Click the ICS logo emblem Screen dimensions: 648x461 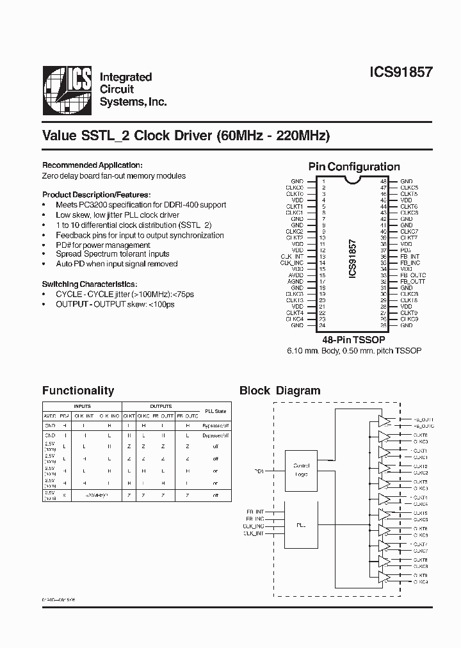coord(67,91)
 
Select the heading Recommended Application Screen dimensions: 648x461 coord(92,165)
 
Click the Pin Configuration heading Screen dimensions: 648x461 coord(354,166)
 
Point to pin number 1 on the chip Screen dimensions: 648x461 coord(323,182)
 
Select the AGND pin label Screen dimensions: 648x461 coord(296,282)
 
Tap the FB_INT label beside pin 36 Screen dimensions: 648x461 coord(410,257)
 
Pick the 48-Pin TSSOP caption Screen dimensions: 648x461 coord(353,340)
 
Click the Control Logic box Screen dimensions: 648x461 coord(301,469)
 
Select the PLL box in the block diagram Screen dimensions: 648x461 coord(301,524)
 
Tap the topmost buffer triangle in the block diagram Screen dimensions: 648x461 coord(384,421)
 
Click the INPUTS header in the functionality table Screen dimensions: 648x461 coord(83,406)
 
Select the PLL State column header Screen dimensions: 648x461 coord(215,410)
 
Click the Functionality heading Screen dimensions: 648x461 coord(77,391)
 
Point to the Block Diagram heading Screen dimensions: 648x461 coord(280,391)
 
